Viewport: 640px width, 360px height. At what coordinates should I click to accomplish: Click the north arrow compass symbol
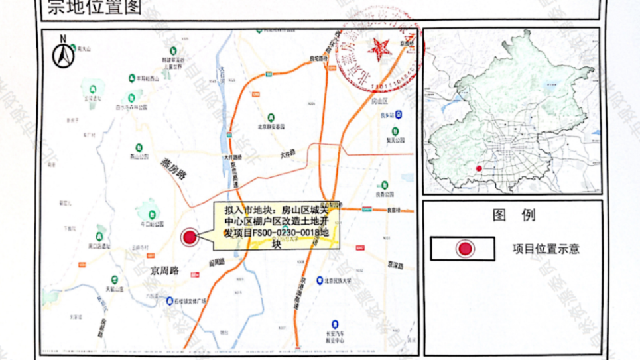pyautogui.click(x=64, y=55)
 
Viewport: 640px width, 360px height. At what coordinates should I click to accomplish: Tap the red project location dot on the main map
pyautogui.click(x=190, y=237)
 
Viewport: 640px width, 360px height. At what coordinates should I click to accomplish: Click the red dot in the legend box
pyautogui.click(x=465, y=249)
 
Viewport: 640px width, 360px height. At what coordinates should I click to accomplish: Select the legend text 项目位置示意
pyautogui.click(x=546, y=249)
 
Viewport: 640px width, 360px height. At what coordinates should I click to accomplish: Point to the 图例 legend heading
pyautogui.click(x=513, y=215)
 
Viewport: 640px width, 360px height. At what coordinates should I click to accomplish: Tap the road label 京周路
pyautogui.click(x=164, y=271)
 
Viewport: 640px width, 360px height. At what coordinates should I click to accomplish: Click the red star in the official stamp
pyautogui.click(x=381, y=48)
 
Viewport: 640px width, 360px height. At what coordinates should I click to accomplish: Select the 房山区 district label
pyautogui.click(x=383, y=101)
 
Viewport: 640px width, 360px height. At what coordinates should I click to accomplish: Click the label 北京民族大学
pyautogui.click(x=351, y=280)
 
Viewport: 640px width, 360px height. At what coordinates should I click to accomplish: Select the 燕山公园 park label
pyautogui.click(x=138, y=157)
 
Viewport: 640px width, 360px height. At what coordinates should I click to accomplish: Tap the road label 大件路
pyautogui.click(x=287, y=152)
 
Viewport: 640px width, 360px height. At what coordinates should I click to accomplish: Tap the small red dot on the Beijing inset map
pyautogui.click(x=479, y=168)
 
